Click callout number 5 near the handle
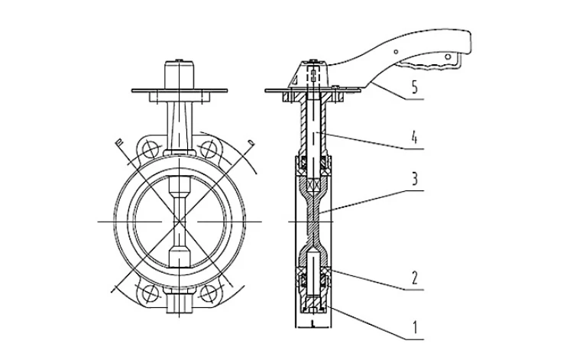click(413, 88)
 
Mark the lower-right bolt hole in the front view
click(207, 291)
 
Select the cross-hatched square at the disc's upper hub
click(313, 184)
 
